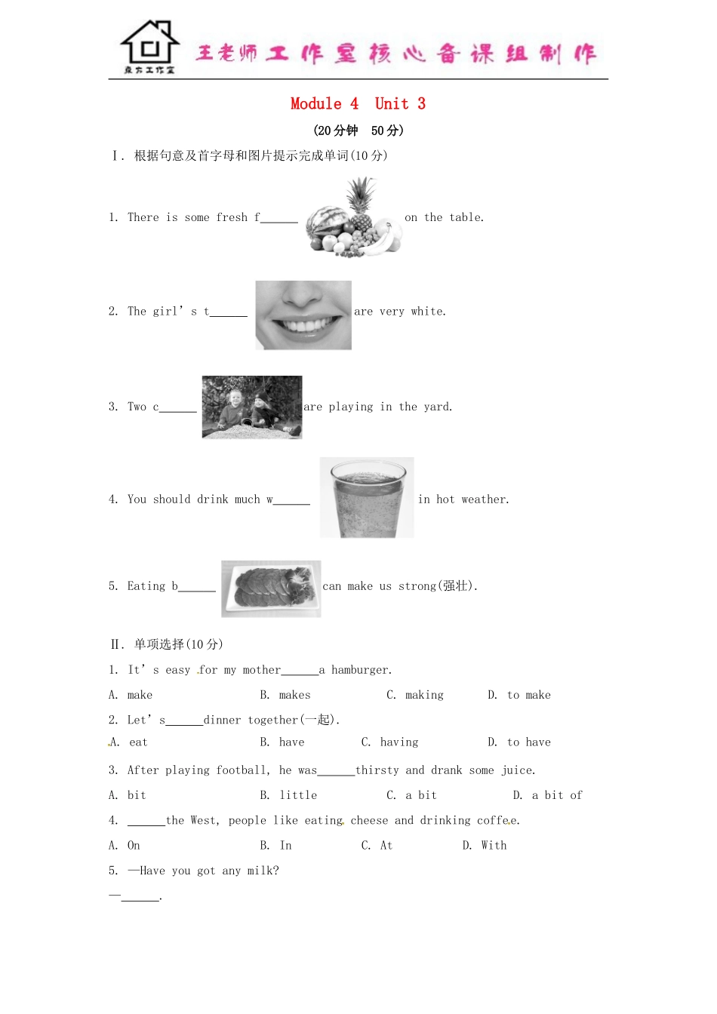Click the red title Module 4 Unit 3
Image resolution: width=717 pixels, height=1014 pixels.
point(358,104)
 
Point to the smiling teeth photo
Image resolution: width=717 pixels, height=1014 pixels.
point(303,315)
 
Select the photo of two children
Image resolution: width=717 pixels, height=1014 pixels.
point(252,407)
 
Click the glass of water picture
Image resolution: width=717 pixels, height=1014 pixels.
point(367,497)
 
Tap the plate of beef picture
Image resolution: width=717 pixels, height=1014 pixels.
point(271,588)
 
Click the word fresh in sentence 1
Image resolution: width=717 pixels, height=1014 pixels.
point(232,218)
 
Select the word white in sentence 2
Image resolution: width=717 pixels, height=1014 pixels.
point(428,312)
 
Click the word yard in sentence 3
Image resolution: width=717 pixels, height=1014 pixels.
point(437,407)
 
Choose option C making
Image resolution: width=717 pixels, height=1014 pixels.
point(424,695)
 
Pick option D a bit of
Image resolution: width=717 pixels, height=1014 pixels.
point(556,795)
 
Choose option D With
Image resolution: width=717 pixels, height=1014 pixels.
point(494,846)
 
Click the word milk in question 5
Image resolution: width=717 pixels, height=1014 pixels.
point(260,871)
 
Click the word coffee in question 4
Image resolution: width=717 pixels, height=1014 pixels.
point(497,821)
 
